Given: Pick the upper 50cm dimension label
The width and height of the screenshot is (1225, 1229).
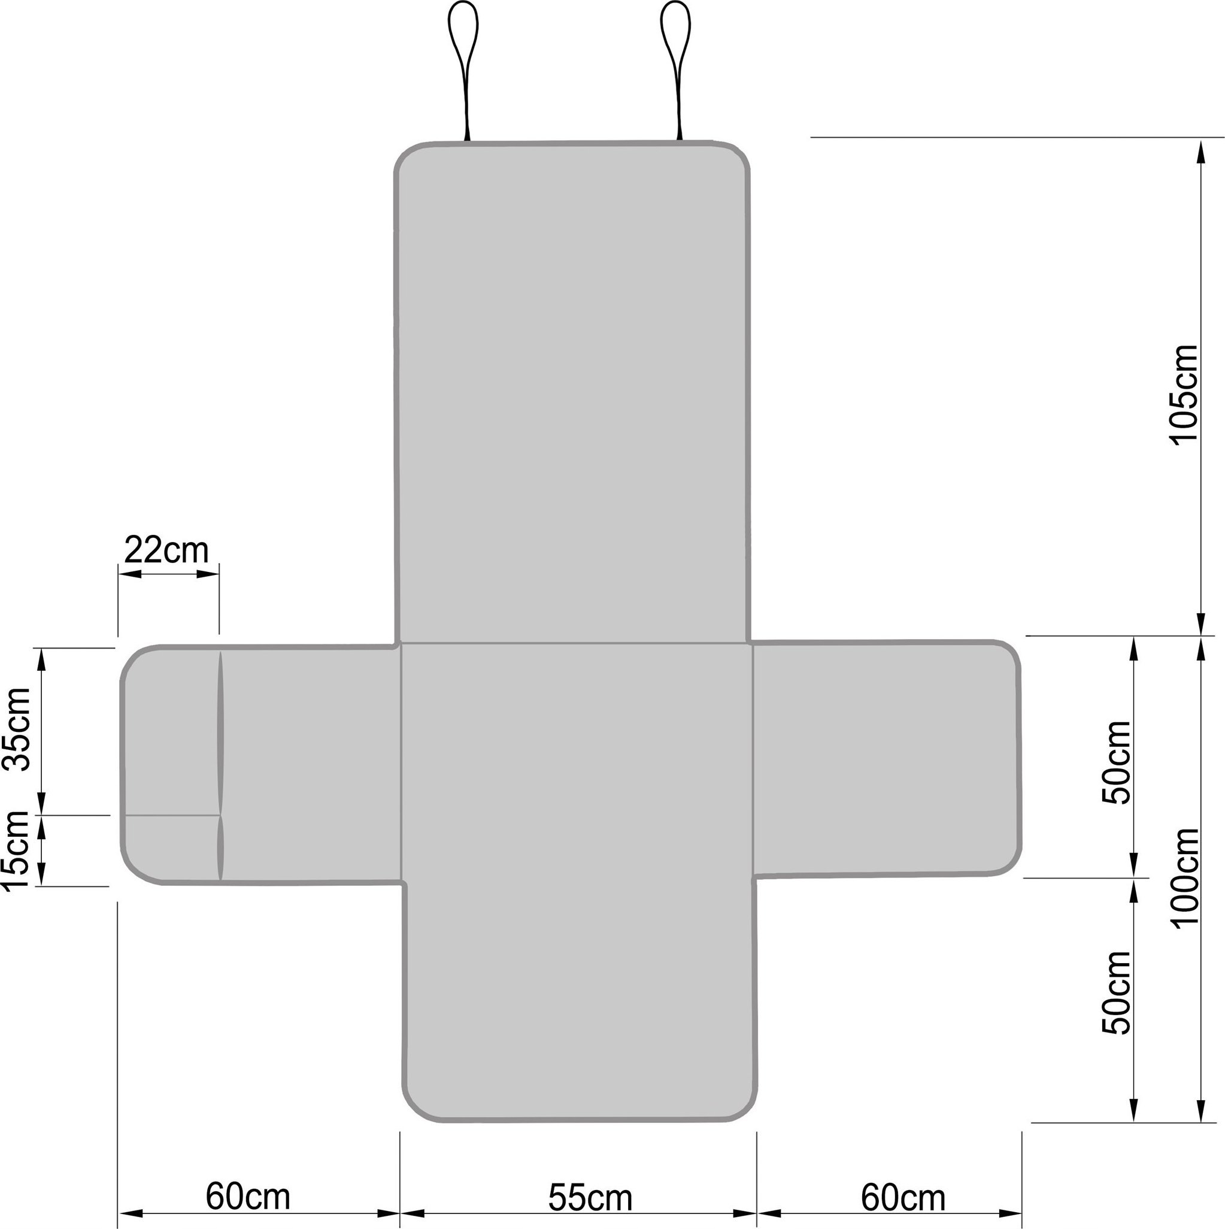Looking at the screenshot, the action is [1117, 762].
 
